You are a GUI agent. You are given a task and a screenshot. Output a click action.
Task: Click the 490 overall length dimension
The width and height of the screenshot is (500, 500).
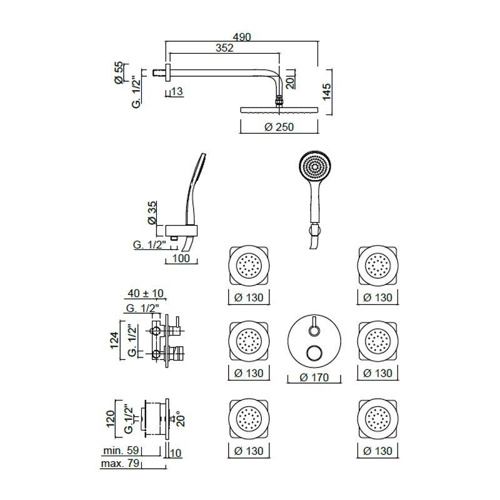coord(242,37)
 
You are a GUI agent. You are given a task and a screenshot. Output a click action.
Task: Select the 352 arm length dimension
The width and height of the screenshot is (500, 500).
coord(224,48)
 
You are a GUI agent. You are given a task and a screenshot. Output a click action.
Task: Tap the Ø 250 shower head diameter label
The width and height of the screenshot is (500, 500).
coord(279,127)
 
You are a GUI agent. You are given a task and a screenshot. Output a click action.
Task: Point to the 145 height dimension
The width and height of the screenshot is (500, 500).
coord(326,92)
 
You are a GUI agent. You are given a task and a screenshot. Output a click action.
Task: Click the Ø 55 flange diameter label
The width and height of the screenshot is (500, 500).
coord(118,73)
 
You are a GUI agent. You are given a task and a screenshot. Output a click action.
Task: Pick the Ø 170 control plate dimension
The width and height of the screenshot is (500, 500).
coord(314,377)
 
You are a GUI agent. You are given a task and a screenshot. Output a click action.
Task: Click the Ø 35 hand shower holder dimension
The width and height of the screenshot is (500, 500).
coord(152,212)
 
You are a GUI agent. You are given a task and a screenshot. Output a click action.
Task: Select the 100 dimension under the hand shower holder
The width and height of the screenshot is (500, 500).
coord(181,258)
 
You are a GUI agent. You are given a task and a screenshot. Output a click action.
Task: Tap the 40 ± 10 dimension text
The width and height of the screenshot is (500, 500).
coord(146,293)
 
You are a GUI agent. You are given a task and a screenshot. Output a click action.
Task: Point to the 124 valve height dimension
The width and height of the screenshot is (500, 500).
coord(114,341)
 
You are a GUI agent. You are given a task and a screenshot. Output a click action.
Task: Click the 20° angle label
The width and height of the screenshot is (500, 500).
coord(181,418)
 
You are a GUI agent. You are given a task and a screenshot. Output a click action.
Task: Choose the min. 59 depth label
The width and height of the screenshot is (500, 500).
coord(121,450)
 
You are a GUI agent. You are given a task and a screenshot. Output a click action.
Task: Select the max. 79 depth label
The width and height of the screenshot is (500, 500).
coord(120,463)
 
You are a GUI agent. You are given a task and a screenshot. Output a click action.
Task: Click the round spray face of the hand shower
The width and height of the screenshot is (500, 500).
coord(316,167)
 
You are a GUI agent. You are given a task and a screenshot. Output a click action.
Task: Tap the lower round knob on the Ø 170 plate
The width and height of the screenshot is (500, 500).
coord(314,354)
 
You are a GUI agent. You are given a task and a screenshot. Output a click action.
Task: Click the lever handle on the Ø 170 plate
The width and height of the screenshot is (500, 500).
coord(315,326)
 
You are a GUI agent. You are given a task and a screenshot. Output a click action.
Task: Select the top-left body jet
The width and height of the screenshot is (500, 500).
coord(249,266)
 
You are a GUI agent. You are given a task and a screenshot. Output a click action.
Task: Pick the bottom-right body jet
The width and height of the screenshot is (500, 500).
coord(378,418)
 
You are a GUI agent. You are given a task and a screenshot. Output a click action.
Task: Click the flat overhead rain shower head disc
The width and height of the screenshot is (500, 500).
coord(279,110)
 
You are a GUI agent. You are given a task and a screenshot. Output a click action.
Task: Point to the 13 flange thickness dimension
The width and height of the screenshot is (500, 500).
coord(177,91)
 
